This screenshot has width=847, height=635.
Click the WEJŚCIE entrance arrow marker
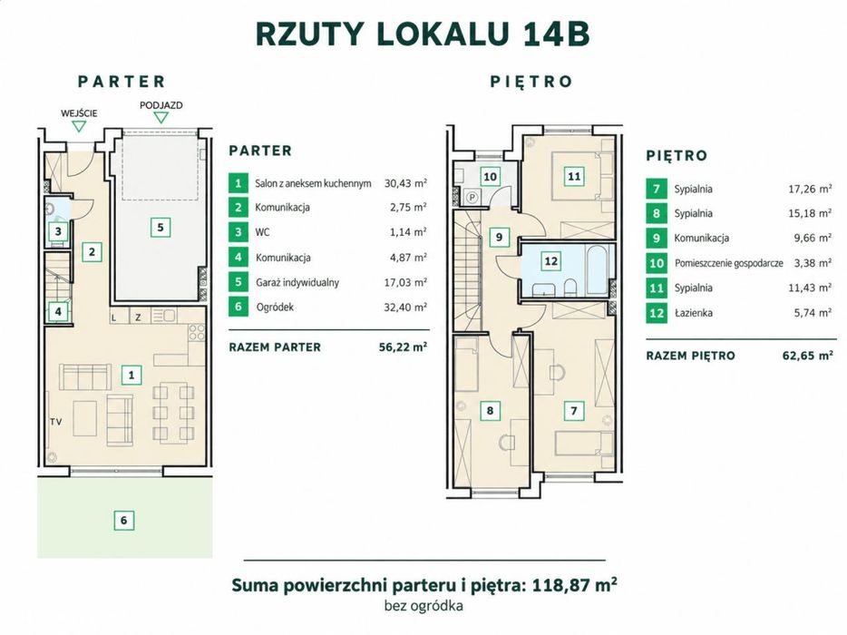tap(80, 126)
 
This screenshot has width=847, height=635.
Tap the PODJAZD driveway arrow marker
tap(161, 118)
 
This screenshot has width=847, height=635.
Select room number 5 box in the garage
tap(161, 228)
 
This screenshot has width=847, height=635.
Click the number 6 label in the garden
tap(123, 520)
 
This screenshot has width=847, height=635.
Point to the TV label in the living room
tap(55, 422)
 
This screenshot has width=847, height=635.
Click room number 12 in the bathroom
tap(551, 261)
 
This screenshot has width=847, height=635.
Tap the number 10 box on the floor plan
tap(490, 177)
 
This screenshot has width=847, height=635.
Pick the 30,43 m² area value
tap(405, 183)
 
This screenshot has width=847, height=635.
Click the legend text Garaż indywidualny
tap(297, 283)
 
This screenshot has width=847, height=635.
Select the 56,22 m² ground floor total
tap(403, 347)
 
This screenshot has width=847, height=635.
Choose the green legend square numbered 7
tap(657, 190)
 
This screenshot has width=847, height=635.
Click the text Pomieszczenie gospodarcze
tap(729, 263)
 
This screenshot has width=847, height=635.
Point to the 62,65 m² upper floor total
tap(807, 356)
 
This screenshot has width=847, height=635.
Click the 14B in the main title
tap(556, 34)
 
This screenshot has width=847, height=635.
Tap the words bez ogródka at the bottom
tap(423, 606)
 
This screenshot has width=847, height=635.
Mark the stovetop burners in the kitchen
tap(197, 332)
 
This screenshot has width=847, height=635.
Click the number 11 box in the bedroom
tap(574, 176)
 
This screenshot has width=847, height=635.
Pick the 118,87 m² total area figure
tap(575, 585)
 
